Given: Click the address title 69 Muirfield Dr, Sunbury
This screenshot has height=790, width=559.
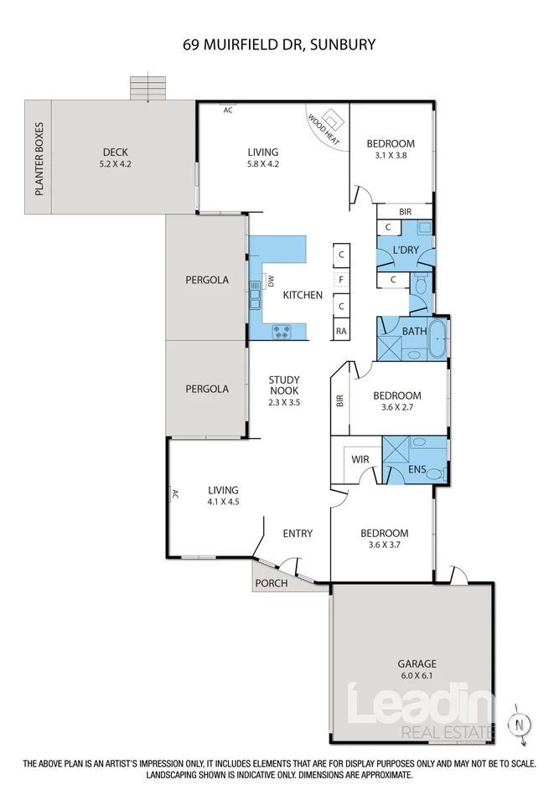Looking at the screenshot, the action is click(x=279, y=44).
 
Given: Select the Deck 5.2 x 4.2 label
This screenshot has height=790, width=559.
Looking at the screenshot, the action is click(x=116, y=157).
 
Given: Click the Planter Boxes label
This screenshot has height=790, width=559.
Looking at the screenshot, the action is click(x=39, y=158).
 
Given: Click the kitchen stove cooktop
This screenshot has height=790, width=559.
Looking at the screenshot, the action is click(x=282, y=332).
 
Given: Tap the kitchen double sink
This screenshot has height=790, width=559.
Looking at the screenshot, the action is click(x=254, y=295).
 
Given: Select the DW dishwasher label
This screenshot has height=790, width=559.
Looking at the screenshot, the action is click(x=270, y=281).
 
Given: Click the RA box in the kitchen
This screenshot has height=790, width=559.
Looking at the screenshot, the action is click(x=341, y=331).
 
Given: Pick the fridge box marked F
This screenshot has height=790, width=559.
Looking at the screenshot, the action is click(x=341, y=279).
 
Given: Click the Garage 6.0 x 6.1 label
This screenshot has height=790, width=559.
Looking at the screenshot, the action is click(x=417, y=669).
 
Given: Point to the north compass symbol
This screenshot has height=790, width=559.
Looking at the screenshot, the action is click(x=520, y=725).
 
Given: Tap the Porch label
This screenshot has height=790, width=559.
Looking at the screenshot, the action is click(x=272, y=583).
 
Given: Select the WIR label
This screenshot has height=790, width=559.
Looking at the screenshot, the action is click(x=360, y=459).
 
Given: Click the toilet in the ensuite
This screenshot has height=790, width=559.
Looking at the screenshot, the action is click(x=441, y=473).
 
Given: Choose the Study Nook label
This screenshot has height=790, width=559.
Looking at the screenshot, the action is click(x=284, y=390).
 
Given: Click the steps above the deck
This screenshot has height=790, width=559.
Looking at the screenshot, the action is click(x=148, y=88).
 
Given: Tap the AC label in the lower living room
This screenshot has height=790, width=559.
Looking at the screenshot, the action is click(x=175, y=493).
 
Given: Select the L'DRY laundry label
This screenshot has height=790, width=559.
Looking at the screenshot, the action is click(x=406, y=249).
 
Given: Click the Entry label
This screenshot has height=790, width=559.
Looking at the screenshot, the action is click(x=298, y=533).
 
